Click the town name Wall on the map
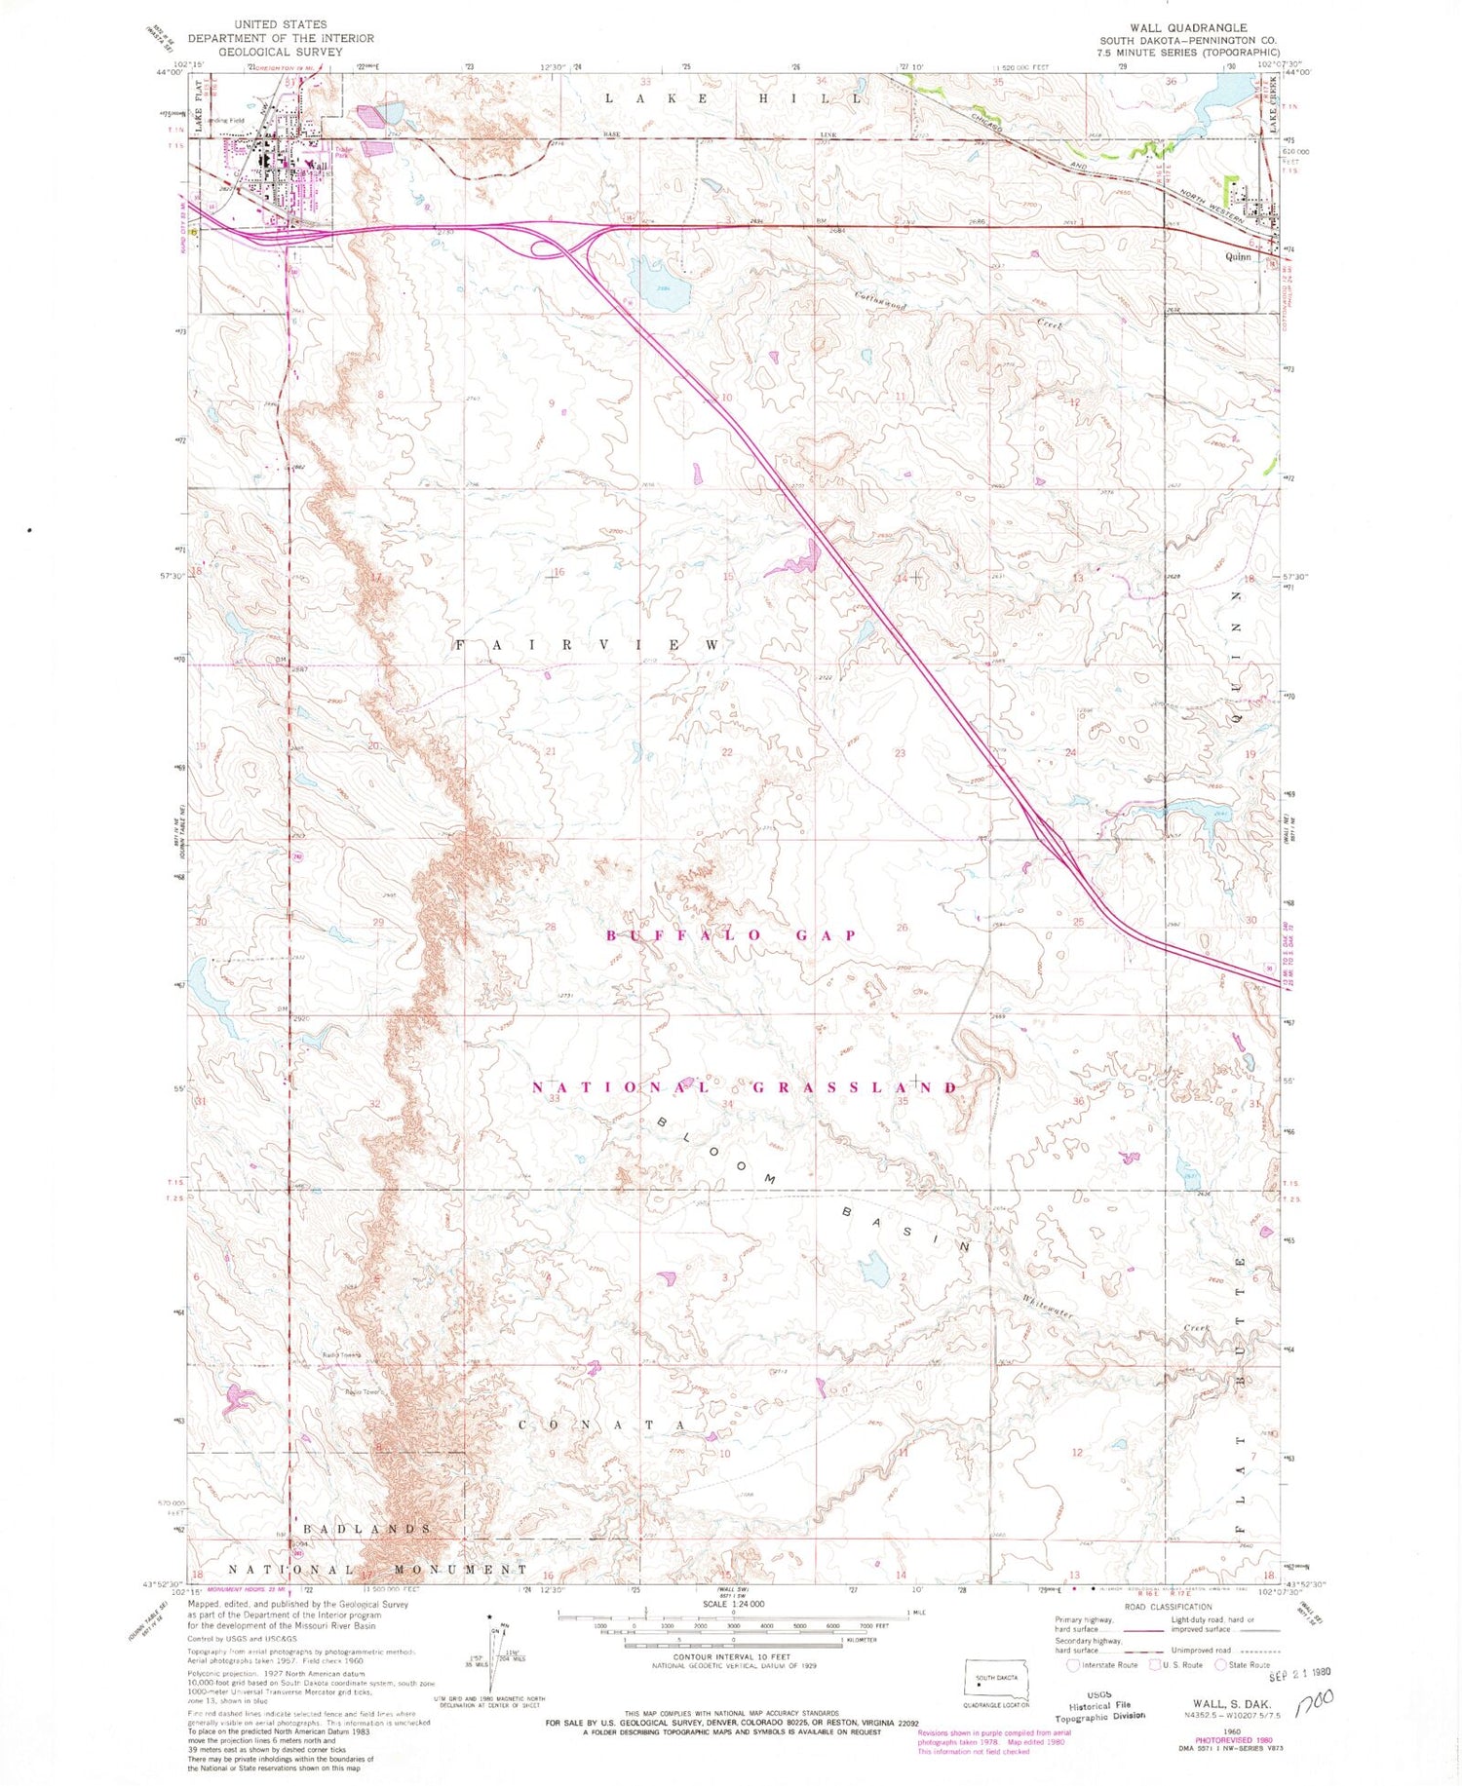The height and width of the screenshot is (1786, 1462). (x=318, y=167)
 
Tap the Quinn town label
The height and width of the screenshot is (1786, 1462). (x=1238, y=257)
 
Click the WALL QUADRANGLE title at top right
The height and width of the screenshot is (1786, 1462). (x=1187, y=28)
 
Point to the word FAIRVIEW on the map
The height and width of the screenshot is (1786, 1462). (x=588, y=646)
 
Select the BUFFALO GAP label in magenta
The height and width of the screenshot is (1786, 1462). (x=731, y=935)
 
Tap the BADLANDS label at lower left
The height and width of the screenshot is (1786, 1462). (x=362, y=1529)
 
